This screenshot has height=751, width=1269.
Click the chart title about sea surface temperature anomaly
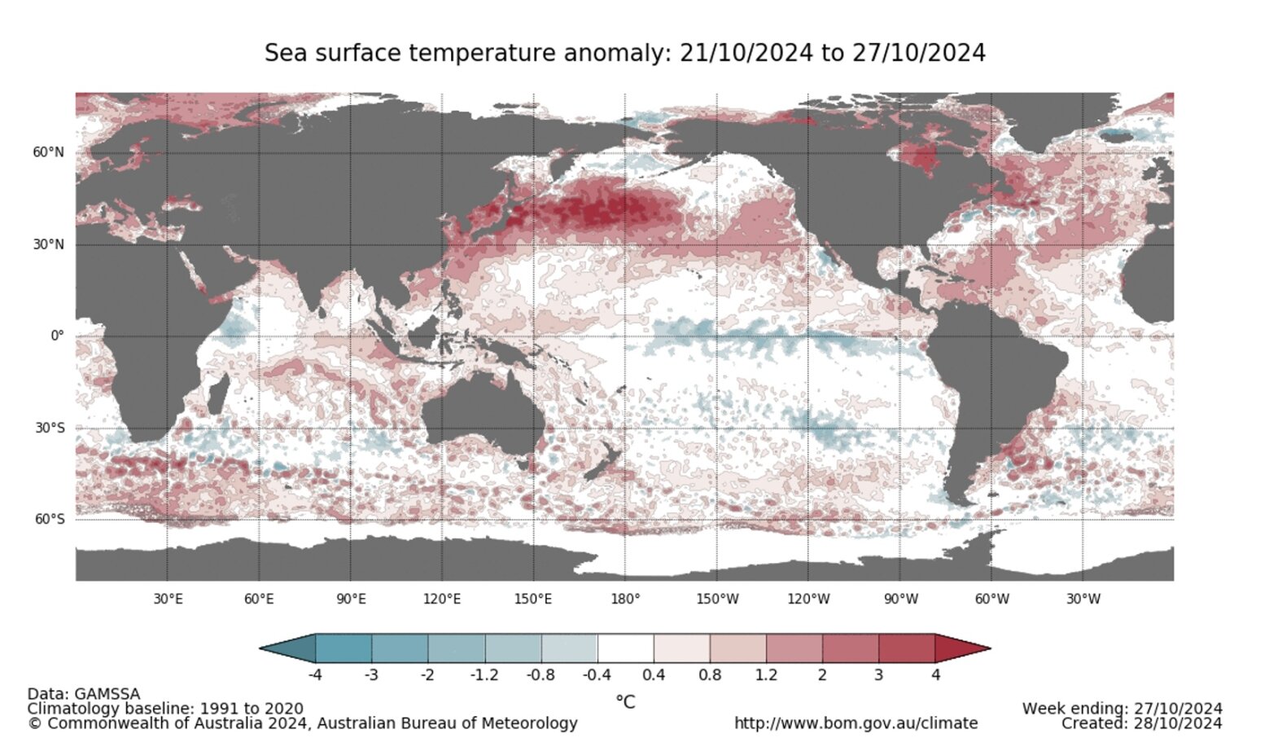(x=624, y=53)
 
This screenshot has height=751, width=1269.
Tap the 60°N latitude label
(x=48, y=152)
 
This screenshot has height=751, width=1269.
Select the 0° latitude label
(x=56, y=336)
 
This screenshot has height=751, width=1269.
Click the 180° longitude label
(x=625, y=599)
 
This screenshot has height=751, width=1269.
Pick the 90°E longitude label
(x=351, y=599)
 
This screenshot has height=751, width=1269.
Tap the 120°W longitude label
(x=808, y=599)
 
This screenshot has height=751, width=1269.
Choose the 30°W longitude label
(x=1083, y=599)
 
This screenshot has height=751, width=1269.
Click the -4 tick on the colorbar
(x=315, y=675)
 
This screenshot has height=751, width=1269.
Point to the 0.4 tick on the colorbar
(x=654, y=675)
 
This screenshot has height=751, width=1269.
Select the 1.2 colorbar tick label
(x=766, y=675)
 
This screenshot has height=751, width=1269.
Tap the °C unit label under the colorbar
(x=625, y=700)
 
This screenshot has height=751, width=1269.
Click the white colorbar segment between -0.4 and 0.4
(x=625, y=648)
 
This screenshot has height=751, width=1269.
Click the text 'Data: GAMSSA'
(x=84, y=694)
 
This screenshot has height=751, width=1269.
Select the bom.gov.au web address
(x=855, y=723)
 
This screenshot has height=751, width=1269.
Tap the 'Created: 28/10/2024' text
(x=1141, y=723)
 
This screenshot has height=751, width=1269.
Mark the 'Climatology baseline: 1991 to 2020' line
(x=165, y=709)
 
